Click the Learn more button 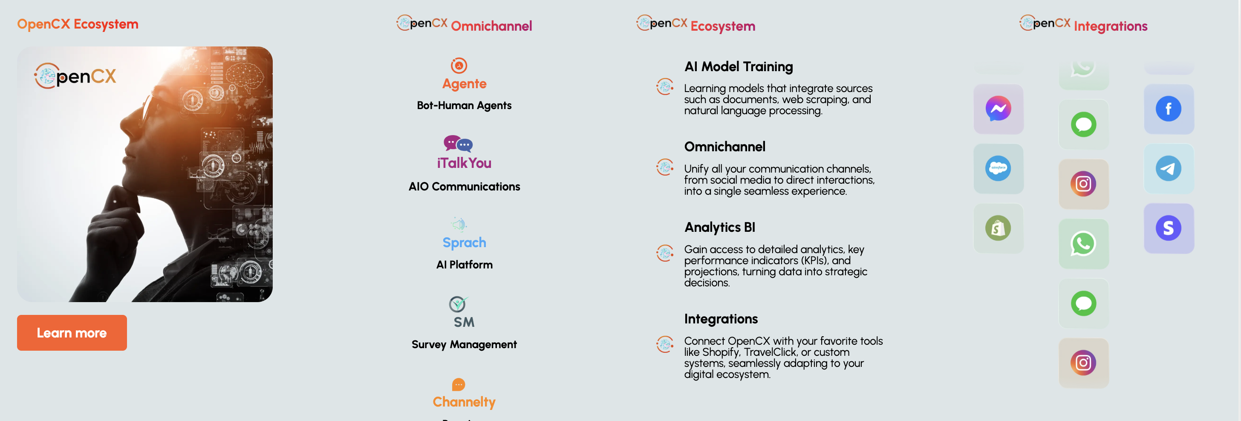point(72,333)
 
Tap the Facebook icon point(1168,109)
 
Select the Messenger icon point(998,109)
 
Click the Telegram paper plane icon point(1168,169)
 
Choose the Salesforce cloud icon point(998,169)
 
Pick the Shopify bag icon point(998,228)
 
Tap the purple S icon point(1168,228)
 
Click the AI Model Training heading point(739,66)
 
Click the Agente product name point(465,84)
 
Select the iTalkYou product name point(465,163)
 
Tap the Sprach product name point(465,242)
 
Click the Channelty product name point(464,402)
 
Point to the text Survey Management point(464,344)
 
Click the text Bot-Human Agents point(464,106)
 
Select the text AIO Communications point(465,186)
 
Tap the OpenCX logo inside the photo point(75,76)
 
